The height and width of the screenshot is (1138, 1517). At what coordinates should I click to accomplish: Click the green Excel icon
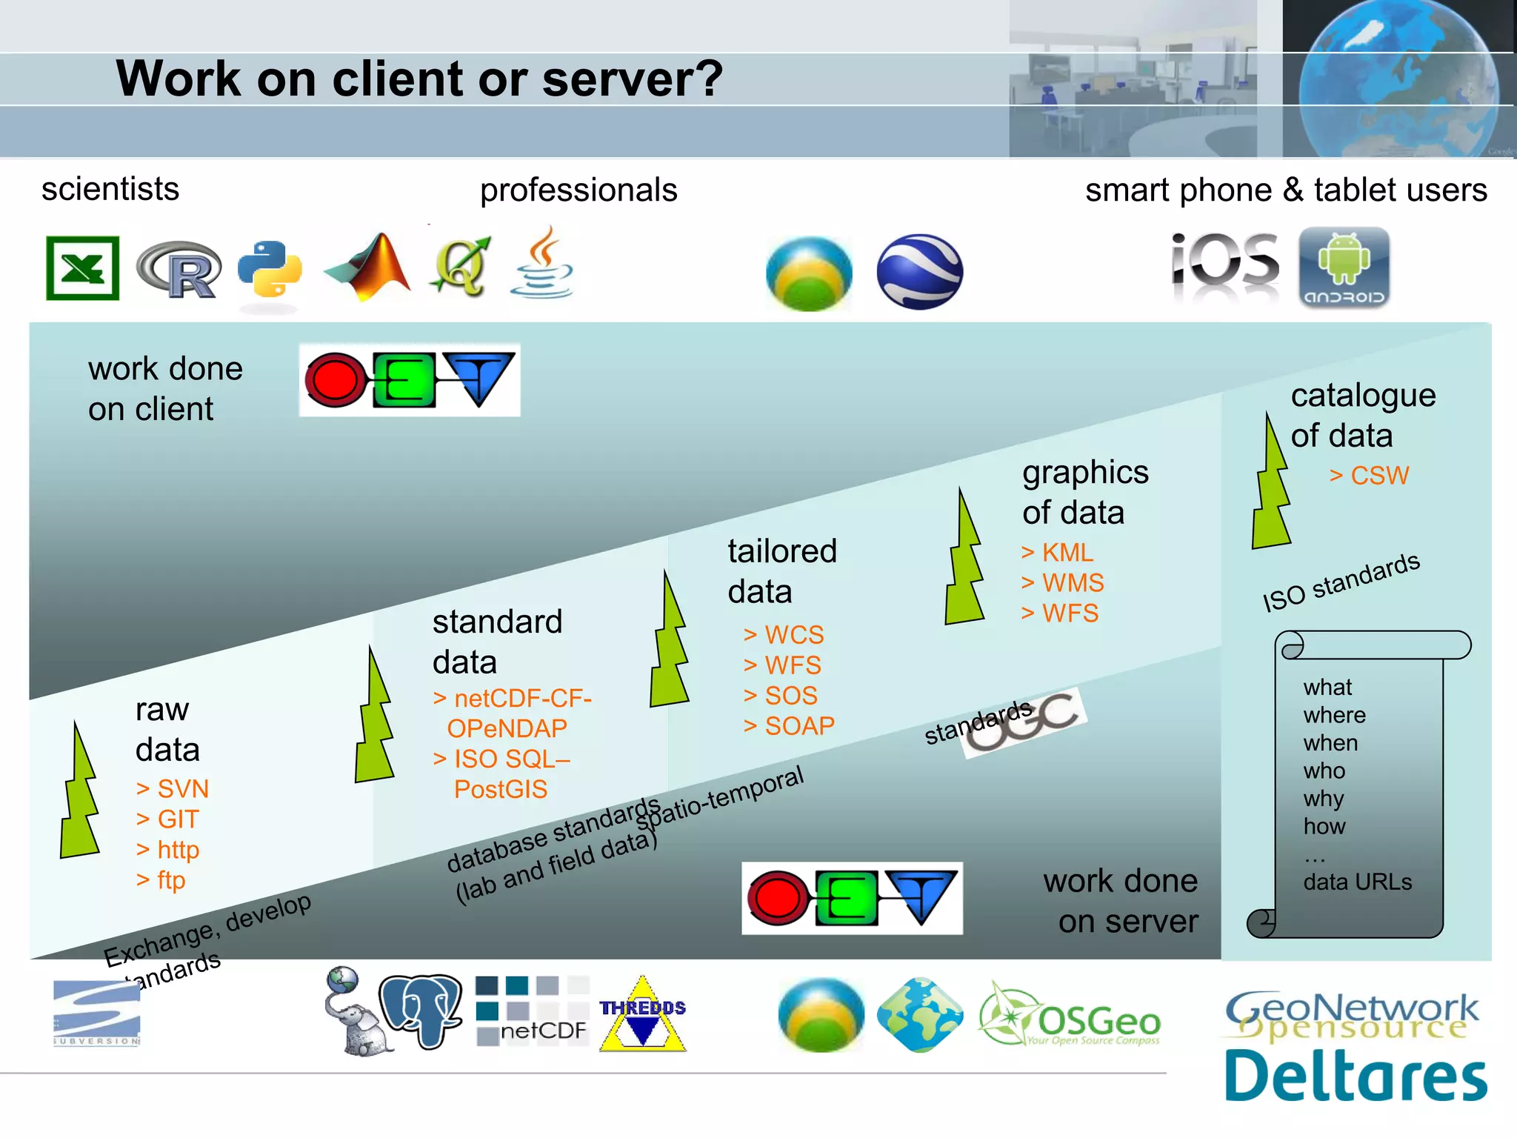point(82,267)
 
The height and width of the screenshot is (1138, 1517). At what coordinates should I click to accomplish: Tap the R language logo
point(180,270)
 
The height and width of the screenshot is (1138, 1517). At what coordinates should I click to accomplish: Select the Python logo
point(270,269)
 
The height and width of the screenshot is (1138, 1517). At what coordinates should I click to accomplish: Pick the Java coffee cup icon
point(543,264)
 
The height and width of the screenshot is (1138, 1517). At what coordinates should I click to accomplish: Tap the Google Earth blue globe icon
point(919,271)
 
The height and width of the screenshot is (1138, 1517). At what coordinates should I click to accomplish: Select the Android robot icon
point(1344,267)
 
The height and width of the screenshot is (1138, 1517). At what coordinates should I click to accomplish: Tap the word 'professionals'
point(579,190)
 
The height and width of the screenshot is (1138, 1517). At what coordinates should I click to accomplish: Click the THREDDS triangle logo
point(642,1015)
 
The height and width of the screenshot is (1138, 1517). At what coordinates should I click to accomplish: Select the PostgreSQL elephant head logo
point(421,1011)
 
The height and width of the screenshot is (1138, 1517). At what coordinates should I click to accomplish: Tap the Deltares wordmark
point(1355,1076)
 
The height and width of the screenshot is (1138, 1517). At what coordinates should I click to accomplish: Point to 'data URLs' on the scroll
point(1357,882)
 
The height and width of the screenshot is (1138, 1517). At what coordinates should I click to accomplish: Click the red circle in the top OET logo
point(335,380)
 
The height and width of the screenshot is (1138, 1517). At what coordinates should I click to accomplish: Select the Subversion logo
point(97,1013)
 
